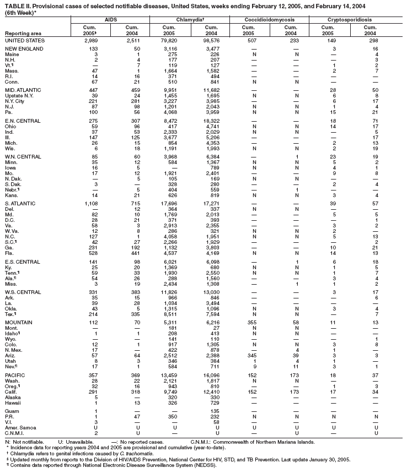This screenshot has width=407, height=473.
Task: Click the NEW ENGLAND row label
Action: [x=23, y=49]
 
